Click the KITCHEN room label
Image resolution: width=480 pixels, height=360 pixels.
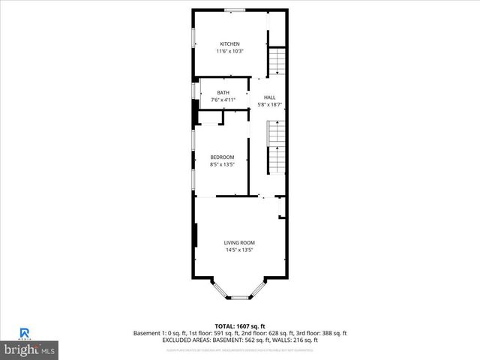coord(229,43)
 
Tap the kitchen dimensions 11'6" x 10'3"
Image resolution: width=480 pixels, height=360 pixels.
coord(229,51)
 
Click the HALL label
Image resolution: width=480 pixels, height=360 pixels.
coord(269,97)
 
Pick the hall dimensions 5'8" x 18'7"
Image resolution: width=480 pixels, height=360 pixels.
coord(269,105)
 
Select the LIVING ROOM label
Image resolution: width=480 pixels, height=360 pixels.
coord(240,242)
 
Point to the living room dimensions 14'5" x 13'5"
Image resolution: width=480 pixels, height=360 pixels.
coord(240,250)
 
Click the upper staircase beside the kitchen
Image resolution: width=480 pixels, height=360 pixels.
coord(278,61)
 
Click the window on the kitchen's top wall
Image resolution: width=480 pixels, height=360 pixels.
coord(235,10)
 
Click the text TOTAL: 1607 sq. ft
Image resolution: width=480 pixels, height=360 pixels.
coord(240,326)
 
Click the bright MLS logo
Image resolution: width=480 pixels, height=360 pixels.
coord(30,349)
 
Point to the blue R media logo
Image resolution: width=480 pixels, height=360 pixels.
coord(25,334)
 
